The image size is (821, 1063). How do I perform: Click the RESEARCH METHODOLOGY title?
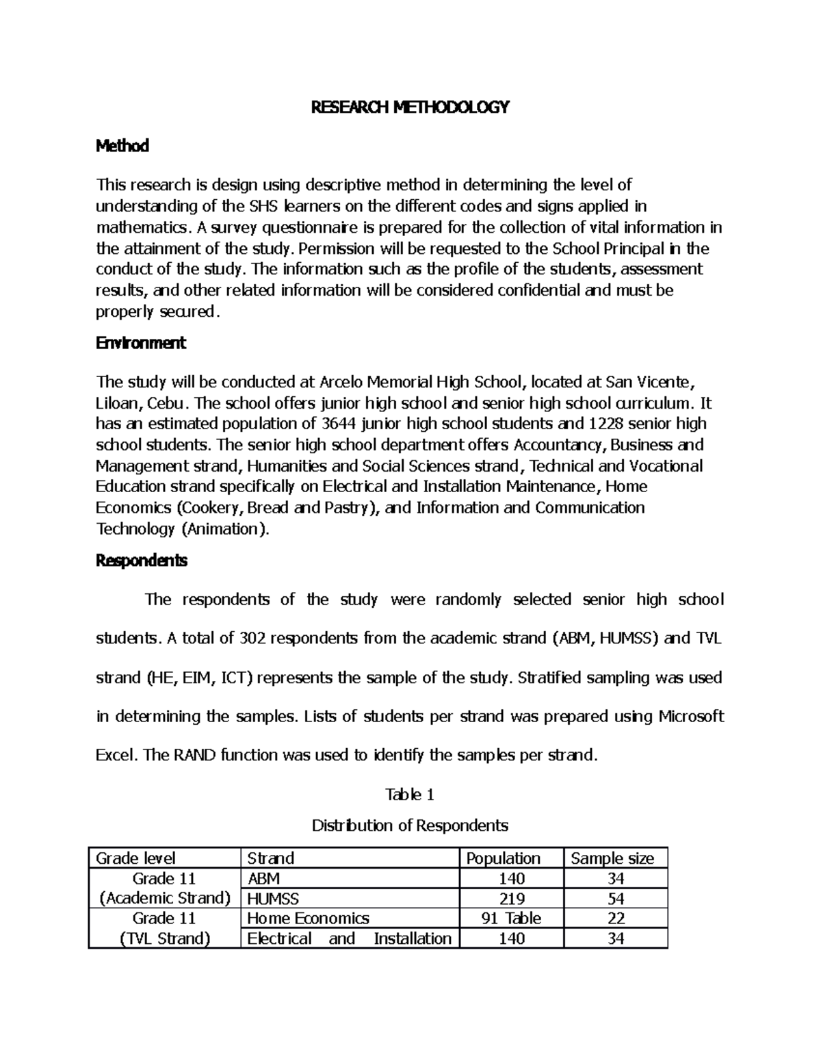(410, 107)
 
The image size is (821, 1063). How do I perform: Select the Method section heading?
(122, 146)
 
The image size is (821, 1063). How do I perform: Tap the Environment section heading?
(140, 343)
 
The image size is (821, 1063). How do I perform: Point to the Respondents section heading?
(142, 561)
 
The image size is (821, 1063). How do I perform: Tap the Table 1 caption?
(410, 795)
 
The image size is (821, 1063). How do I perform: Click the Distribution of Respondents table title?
(410, 825)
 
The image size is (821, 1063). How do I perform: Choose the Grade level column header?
(135, 858)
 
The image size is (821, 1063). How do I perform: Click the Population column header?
(503, 858)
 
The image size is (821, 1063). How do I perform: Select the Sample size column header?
(612, 858)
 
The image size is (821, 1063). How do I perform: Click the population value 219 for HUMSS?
(512, 898)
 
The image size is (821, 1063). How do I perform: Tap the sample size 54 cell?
(616, 898)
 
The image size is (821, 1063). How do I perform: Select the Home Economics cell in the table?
(308, 918)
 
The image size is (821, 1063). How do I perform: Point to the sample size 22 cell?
(616, 918)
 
